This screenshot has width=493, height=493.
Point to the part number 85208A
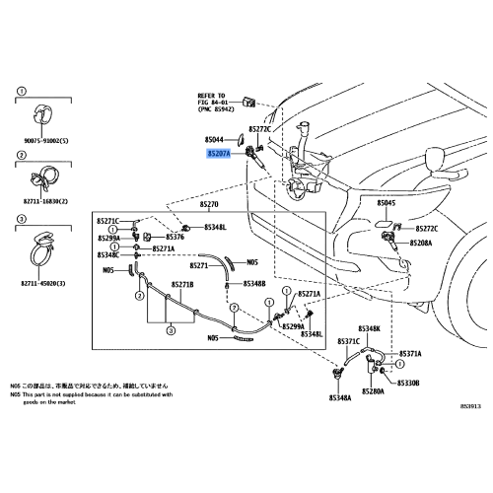coord(418,242)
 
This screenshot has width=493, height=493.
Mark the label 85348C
coord(109,254)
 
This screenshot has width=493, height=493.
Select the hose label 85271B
coord(183,285)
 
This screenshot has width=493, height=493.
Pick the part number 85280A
coord(373,391)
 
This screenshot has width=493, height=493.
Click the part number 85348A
coord(341,397)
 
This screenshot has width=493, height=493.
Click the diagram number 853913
coord(470,405)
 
